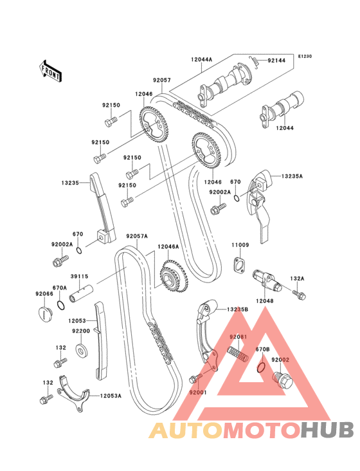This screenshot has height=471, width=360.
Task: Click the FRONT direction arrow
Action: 50,71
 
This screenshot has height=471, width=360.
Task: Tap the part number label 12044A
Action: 201,59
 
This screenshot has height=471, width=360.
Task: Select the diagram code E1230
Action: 305,56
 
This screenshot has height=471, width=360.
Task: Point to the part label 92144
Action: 276,60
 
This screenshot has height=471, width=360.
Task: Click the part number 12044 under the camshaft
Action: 285,128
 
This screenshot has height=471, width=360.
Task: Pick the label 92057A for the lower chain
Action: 137,236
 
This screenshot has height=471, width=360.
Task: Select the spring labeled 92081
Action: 238,355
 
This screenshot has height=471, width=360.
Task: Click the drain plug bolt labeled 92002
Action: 282,381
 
